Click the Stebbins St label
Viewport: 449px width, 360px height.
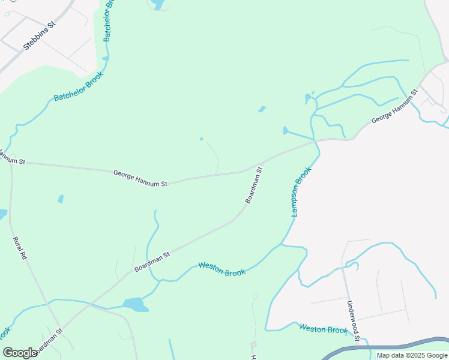pyautogui.click(x=39, y=36)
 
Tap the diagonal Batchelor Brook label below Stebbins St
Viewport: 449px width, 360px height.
pyautogui.click(x=79, y=86)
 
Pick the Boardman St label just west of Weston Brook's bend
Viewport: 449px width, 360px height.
pyautogui.click(x=152, y=262)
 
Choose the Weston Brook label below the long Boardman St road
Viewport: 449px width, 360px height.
pyautogui.click(x=221, y=269)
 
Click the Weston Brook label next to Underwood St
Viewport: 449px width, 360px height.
pyautogui.click(x=323, y=329)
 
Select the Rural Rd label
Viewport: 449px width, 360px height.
pyautogui.click(x=20, y=248)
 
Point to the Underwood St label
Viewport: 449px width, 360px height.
pyautogui.click(x=352, y=322)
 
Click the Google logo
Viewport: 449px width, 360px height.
pyautogui.click(x=20, y=353)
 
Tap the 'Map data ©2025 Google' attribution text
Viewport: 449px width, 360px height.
pyautogui.click(x=411, y=355)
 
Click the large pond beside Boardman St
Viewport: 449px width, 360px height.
pyautogui.click(x=135, y=304)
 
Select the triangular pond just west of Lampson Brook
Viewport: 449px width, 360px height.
pyautogui.click(x=286, y=131)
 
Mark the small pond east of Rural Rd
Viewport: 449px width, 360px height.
pyautogui.click(x=61, y=199)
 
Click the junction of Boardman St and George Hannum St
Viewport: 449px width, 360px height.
pyautogui.click(x=261, y=163)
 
